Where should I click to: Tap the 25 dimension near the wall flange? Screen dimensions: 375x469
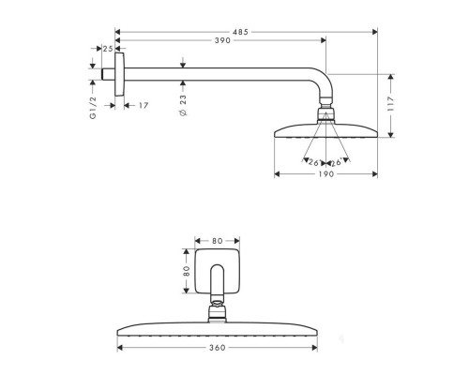pyautogui.click(x=109, y=48)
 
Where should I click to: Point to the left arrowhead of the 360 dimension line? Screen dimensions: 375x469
pyautogui.click(x=121, y=347)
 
